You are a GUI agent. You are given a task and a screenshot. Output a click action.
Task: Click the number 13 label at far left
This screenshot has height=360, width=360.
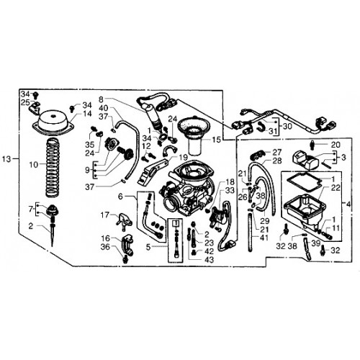[x=6, y=159]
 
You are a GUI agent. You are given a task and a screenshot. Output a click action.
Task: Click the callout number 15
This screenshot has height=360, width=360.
[x=216, y=140]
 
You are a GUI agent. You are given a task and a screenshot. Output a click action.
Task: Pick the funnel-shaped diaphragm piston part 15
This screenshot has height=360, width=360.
[x=194, y=137]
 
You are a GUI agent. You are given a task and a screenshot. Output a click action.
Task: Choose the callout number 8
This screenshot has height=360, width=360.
[x=101, y=99]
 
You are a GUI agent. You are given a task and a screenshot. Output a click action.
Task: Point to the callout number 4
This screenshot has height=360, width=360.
[x=348, y=204]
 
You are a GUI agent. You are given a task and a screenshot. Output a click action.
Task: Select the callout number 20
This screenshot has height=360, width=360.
[x=336, y=145]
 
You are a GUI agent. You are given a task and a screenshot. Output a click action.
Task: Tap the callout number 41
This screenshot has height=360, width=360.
[x=264, y=238]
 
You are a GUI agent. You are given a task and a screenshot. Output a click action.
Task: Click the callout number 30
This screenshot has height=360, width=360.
[x=287, y=126]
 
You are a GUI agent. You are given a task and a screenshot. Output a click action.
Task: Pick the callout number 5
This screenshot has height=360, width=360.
[x=148, y=247]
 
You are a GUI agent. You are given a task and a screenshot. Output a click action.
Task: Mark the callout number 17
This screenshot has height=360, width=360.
[x=104, y=215]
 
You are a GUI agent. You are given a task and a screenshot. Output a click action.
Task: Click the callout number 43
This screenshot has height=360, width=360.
[x=210, y=260]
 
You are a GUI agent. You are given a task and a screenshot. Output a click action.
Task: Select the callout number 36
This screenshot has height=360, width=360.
[x=105, y=247]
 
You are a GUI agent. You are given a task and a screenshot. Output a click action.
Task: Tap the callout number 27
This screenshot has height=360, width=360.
[x=276, y=152]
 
